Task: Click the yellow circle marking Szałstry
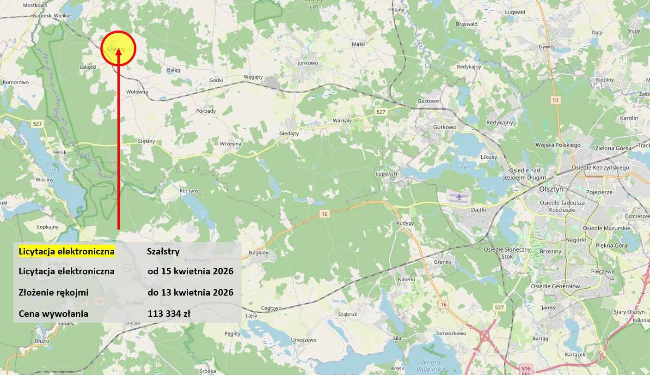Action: pyautogui.click(x=118, y=48)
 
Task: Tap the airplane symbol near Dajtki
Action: pyautogui.click(x=459, y=197)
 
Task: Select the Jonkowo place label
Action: pyautogui.click(x=308, y=63)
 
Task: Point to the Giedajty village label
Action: pyautogui.click(x=289, y=133)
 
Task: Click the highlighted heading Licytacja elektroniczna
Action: pyautogui.click(x=67, y=252)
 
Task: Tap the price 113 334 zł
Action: pyautogui.click(x=169, y=314)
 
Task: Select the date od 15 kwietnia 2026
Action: pyautogui.click(x=190, y=271)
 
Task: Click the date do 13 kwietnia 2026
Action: pyautogui.click(x=190, y=292)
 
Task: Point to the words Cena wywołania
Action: pyautogui.click(x=54, y=314)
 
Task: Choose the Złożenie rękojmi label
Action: pyautogui.click(x=54, y=292)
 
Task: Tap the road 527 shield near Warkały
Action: pyautogui.click(x=380, y=112)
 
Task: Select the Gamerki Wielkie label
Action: pyautogui.click(x=51, y=15)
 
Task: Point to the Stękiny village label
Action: pyautogui.click(x=146, y=141)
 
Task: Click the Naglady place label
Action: pyautogui.click(x=258, y=253)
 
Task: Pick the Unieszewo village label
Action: pyautogui.click(x=304, y=340)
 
